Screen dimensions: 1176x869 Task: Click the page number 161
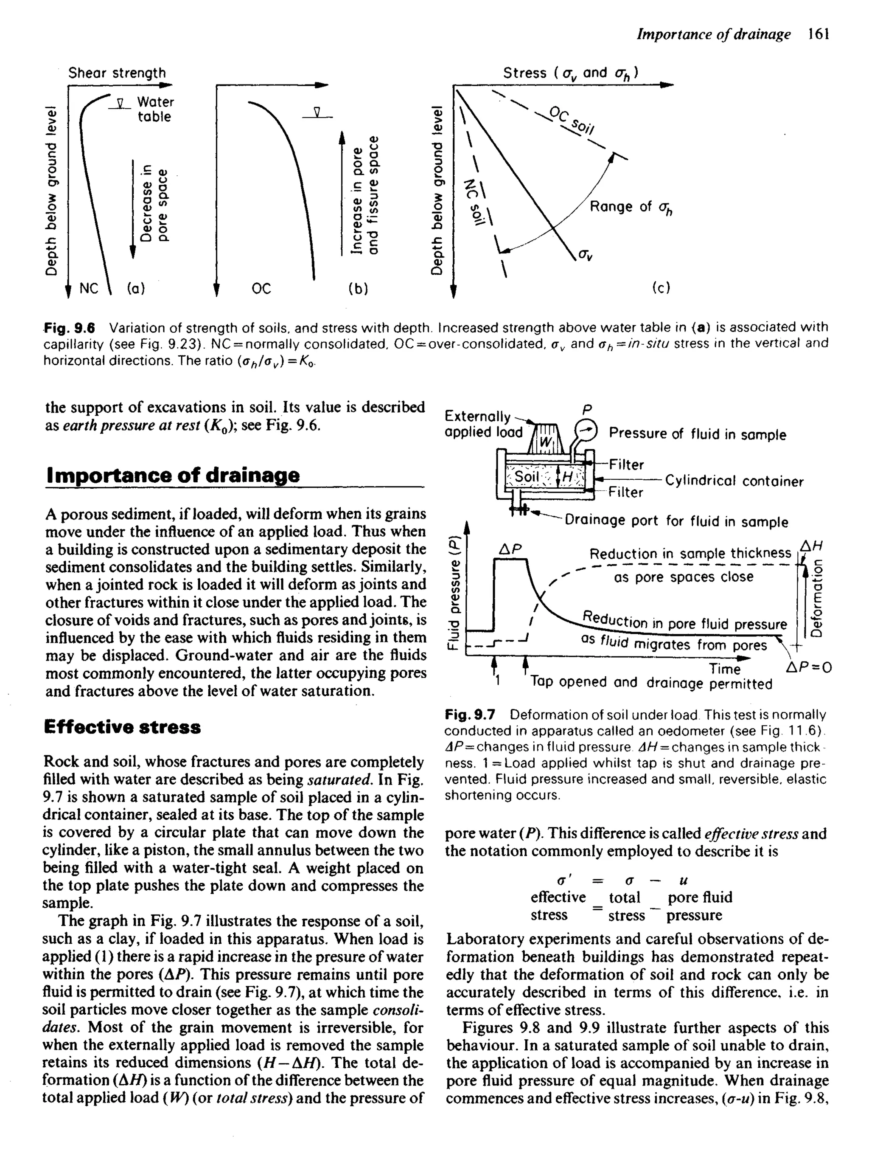click(x=819, y=35)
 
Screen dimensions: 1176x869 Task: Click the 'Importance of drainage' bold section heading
click(x=173, y=475)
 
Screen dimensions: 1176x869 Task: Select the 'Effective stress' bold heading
click(x=123, y=727)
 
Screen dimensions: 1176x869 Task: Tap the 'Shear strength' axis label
click(x=117, y=73)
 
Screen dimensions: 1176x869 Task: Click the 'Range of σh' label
click(x=631, y=207)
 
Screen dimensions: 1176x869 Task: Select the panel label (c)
click(x=661, y=288)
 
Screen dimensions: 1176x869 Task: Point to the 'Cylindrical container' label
click(x=734, y=481)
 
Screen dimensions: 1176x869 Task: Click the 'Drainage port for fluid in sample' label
click(x=676, y=521)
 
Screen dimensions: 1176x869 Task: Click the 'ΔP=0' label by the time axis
click(x=808, y=668)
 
